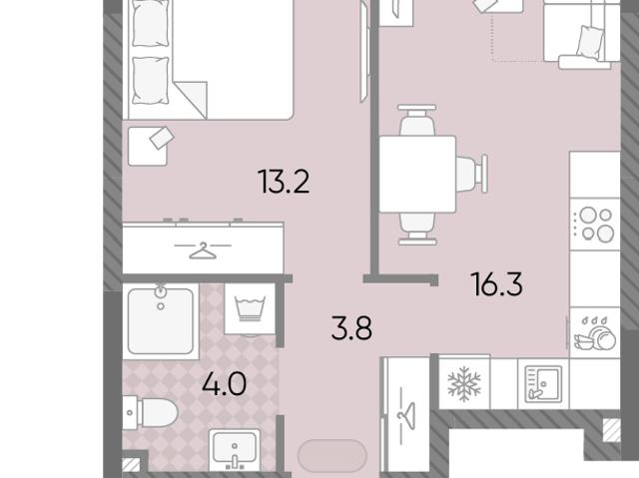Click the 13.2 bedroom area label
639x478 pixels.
point(284,182)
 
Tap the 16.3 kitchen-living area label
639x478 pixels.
point(496,284)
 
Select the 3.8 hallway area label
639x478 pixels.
point(351,328)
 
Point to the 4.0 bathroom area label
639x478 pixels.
point(224,384)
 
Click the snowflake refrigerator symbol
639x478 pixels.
point(464,383)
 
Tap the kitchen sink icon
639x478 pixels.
point(543,384)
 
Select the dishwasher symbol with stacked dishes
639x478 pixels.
point(595,333)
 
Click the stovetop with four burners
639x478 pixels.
point(595,225)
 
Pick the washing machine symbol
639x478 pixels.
point(250,309)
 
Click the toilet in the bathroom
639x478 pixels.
point(150,413)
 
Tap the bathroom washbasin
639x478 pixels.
point(235,449)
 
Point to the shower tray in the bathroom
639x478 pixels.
point(161,321)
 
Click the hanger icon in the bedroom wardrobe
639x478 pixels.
point(203,250)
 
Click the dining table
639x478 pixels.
point(417,174)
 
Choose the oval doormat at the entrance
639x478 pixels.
point(332,456)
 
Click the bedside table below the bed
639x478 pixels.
point(148,146)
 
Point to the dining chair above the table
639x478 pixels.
point(417,120)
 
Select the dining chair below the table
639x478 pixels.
point(417,229)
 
